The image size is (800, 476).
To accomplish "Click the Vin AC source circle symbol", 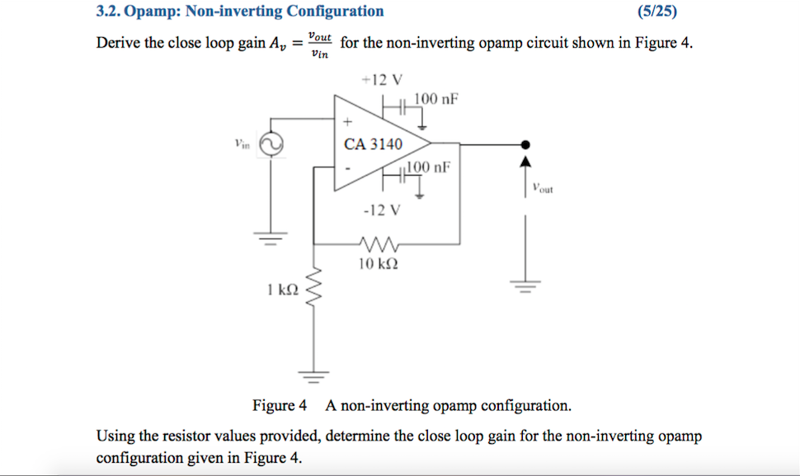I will pyautogui.click(x=271, y=144).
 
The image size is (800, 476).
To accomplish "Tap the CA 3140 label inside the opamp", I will pyautogui.click(x=373, y=144).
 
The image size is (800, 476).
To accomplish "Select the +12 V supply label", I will pyautogui.click(x=382, y=80).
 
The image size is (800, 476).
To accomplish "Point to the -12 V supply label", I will pyautogui.click(x=382, y=210).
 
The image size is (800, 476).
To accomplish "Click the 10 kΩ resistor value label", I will pyautogui.click(x=379, y=264).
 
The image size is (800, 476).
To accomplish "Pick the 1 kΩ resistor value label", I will pyautogui.click(x=282, y=290).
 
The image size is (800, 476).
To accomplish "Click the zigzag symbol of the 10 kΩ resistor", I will pyautogui.click(x=379, y=245).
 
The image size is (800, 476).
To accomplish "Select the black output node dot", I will pyautogui.click(x=525, y=145).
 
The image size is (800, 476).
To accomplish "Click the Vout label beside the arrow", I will pyautogui.click(x=543, y=188).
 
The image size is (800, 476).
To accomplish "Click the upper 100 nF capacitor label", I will pyautogui.click(x=435, y=100).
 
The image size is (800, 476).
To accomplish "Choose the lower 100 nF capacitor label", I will pyautogui.click(x=431, y=167).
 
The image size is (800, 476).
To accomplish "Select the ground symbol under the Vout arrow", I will pyautogui.click(x=525, y=286).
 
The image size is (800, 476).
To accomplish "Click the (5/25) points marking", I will pyautogui.click(x=663, y=12).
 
